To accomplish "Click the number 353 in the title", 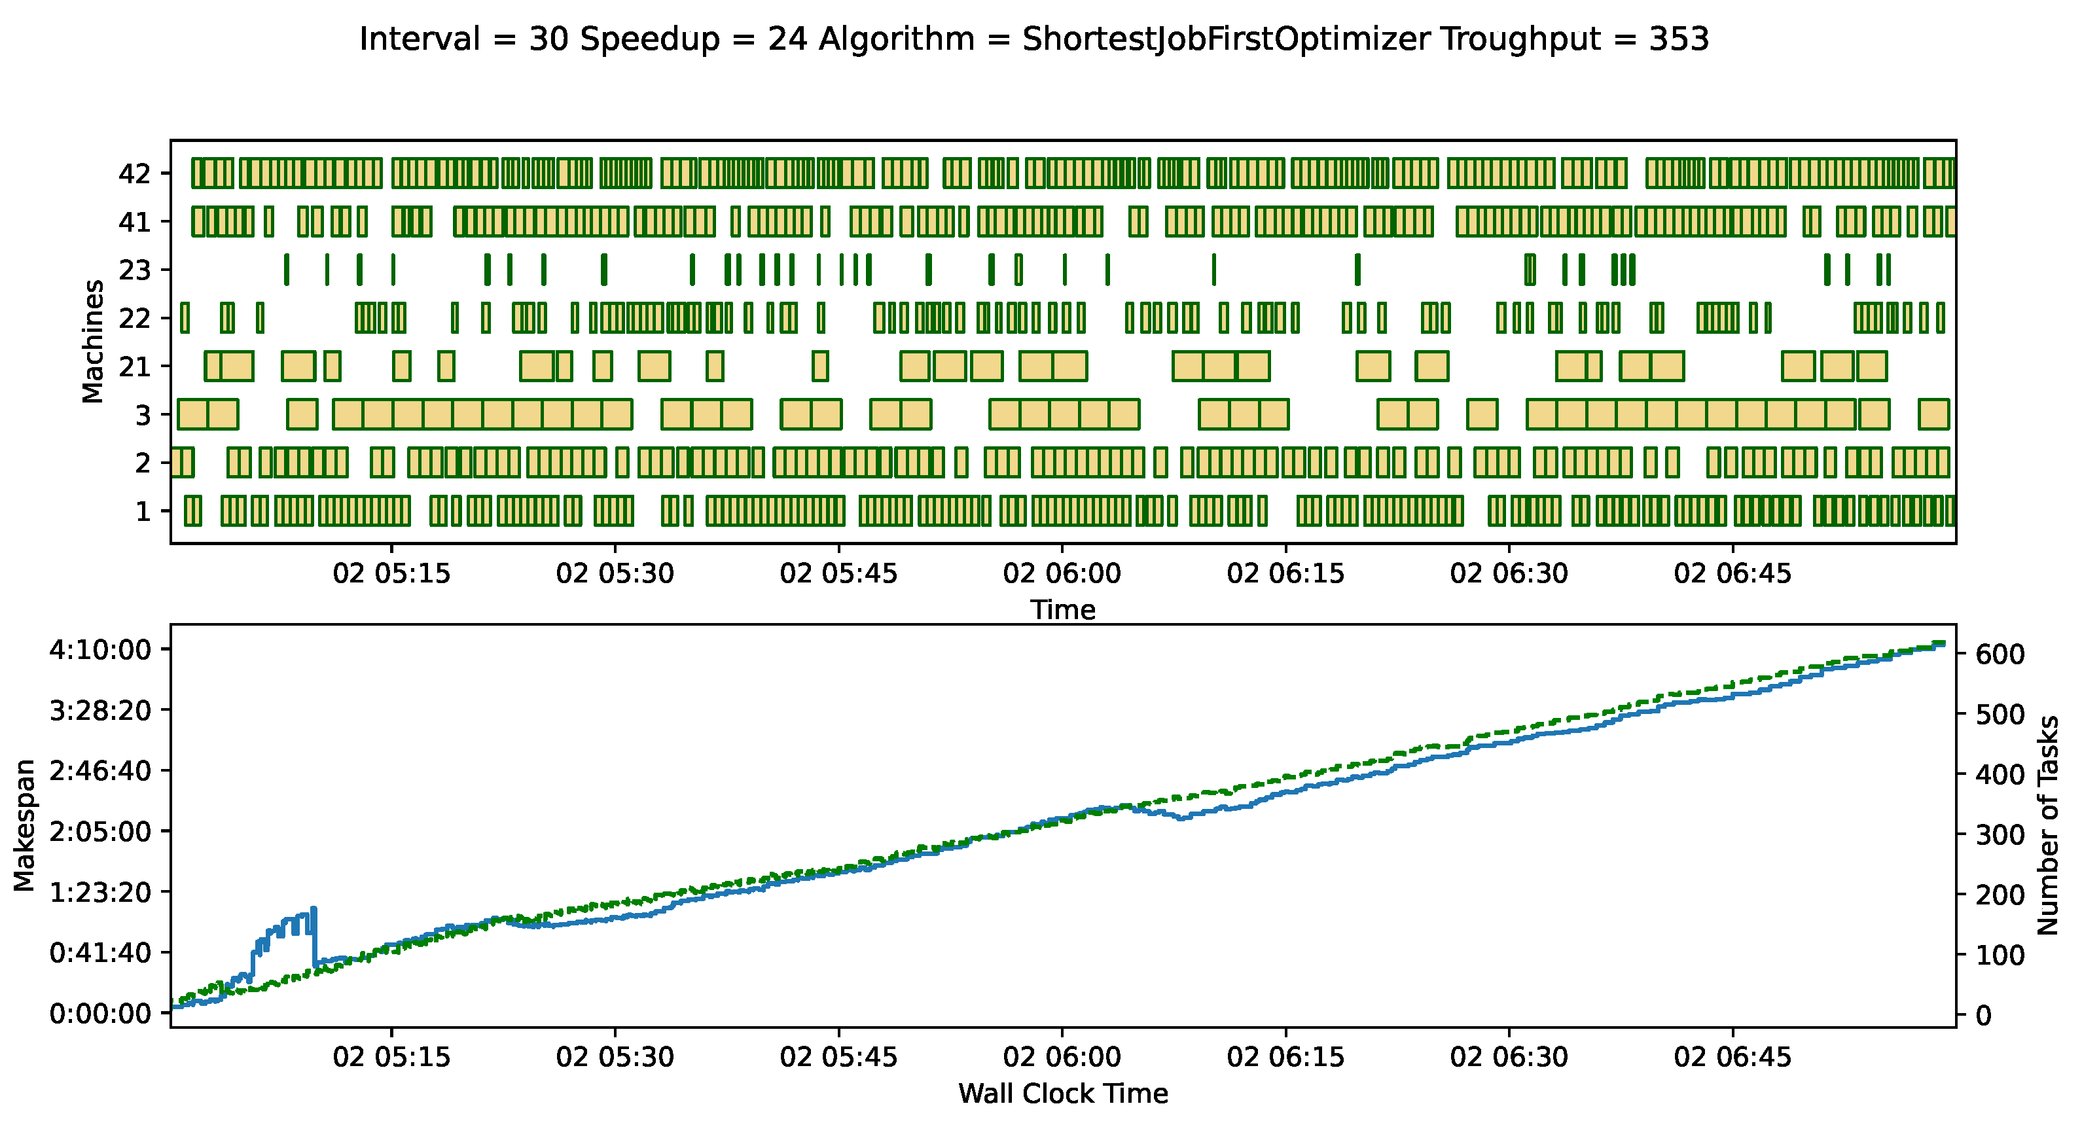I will tap(1679, 39).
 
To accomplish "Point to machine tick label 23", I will tap(135, 270).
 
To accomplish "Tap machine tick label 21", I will tap(135, 367).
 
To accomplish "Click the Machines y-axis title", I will tap(94, 341).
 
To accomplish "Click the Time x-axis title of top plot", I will tap(1063, 609).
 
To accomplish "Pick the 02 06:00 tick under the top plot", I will tap(1062, 574).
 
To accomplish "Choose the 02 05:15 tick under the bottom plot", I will tap(392, 1057).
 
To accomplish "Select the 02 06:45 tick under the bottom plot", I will tap(1732, 1057).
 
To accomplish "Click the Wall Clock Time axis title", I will tap(1063, 1094).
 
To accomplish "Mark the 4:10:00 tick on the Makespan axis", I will tap(100, 650).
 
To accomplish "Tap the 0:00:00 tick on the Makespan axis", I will tap(100, 1014).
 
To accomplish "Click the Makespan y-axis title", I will tap(25, 825).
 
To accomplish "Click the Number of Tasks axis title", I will tap(2048, 825).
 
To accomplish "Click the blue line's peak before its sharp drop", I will tap(314, 909).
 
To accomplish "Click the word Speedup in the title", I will tap(650, 39).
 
